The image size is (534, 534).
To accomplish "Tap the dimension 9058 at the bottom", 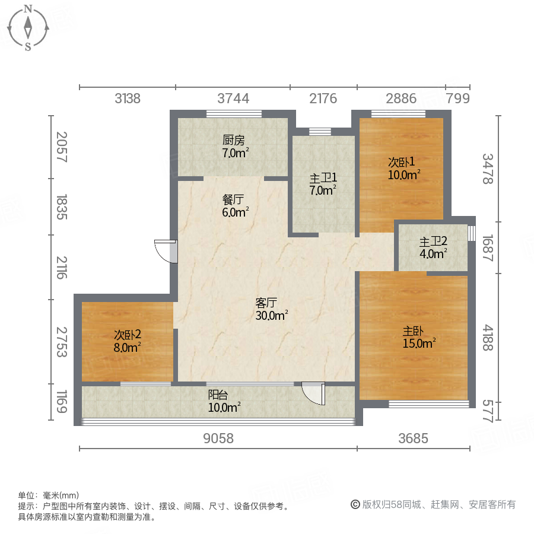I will (x=218, y=438).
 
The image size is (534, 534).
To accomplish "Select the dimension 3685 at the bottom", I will (x=413, y=438).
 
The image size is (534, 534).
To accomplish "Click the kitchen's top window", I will (x=233, y=114).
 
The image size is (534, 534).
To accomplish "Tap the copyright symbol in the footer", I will (x=355, y=504).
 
